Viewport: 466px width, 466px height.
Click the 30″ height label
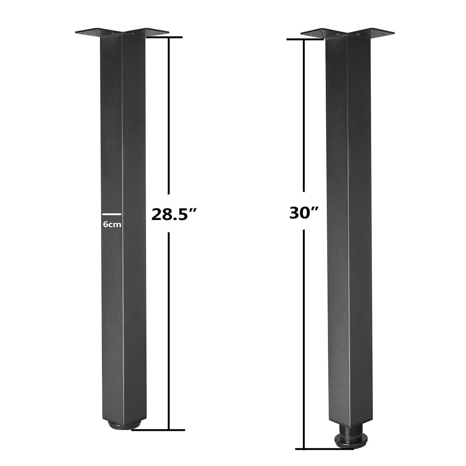304,213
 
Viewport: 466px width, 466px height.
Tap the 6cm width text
112,224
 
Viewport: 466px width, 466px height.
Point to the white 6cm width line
112,214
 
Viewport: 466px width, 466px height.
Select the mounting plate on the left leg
122,33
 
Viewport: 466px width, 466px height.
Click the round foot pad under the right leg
347,441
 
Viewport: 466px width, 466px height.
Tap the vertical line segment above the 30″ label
304,114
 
